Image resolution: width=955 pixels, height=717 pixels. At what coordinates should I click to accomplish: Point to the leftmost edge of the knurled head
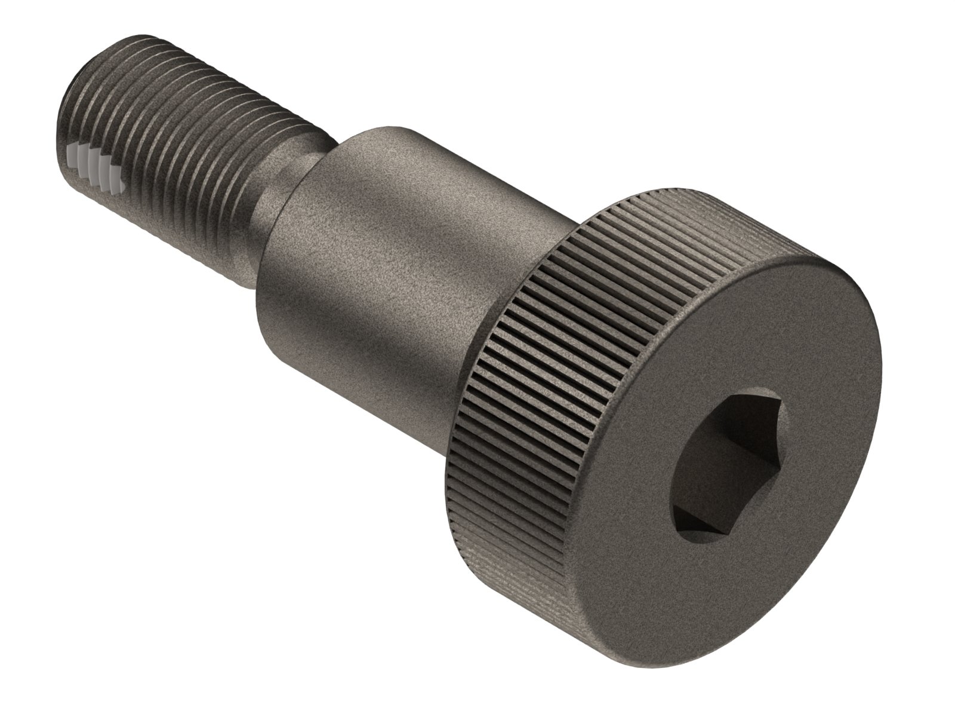coord(443,454)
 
